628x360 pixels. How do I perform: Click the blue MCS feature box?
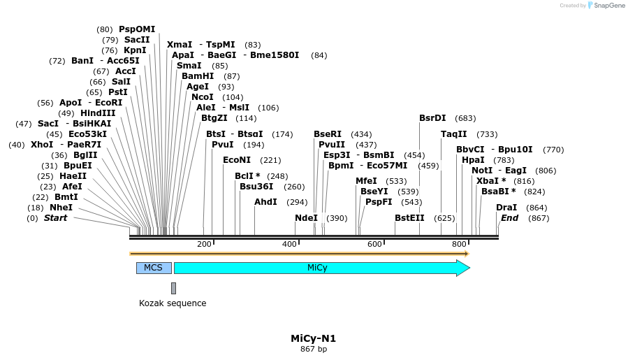(154, 268)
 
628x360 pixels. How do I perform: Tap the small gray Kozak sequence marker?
(173, 288)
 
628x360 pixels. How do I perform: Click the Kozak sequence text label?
(173, 303)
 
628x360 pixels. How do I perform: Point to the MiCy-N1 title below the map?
(313, 338)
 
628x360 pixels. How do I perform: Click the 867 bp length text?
(314, 349)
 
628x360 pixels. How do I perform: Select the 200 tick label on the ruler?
(204, 244)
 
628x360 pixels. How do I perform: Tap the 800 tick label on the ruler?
(459, 244)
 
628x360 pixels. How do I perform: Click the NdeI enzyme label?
(306, 218)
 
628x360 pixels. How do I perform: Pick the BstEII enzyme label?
(409, 218)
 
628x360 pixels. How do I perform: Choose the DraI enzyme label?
(506, 208)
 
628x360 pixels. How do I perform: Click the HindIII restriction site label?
(98, 113)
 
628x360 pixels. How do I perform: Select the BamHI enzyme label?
(198, 76)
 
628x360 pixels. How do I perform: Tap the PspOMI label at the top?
(137, 29)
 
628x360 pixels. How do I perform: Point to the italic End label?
(509, 218)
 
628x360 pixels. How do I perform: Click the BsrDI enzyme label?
(432, 118)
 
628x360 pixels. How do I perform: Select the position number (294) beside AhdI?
(297, 202)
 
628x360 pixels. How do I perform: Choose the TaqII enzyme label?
(454, 134)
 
